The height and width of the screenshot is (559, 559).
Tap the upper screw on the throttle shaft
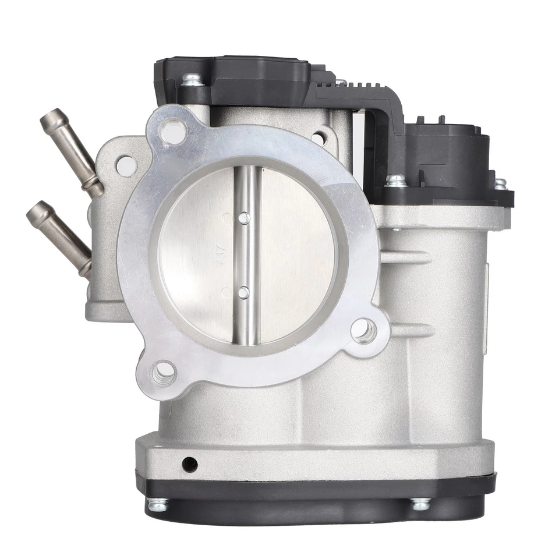coord(245,217)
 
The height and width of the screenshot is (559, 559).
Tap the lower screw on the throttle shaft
coord(244,291)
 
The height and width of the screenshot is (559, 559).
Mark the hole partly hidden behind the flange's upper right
coord(319,138)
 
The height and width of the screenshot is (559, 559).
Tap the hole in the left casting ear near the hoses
coord(126,165)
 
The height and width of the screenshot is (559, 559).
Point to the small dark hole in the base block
coord(189,464)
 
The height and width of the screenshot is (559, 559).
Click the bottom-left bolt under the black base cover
coord(157,505)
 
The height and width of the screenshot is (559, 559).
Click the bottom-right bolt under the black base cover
coord(420,504)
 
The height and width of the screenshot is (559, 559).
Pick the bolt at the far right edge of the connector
coord(500,183)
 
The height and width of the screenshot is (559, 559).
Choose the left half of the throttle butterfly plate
coord(198,256)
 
